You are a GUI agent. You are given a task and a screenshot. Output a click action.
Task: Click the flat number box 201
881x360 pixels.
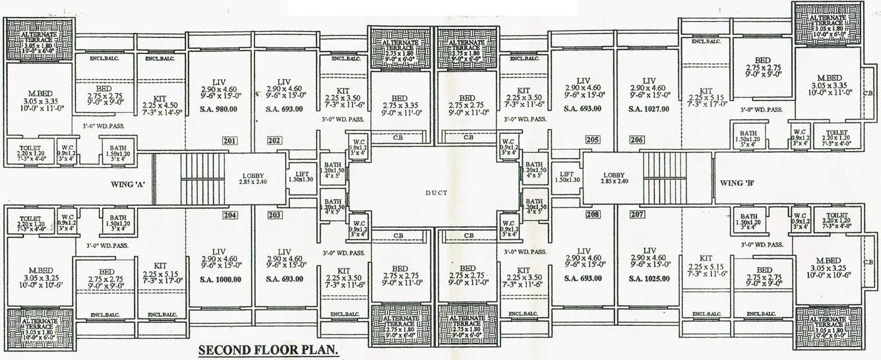pos(229,140)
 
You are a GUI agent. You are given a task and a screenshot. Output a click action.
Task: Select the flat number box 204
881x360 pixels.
pos(229,215)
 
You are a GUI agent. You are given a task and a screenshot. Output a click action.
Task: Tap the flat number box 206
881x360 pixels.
pos(637,140)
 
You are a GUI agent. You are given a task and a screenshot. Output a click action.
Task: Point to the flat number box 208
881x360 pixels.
pos(592,215)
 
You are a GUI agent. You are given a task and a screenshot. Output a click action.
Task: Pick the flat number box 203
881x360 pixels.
pos(275,215)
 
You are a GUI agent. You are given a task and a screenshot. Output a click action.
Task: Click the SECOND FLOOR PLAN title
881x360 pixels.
pos(269,350)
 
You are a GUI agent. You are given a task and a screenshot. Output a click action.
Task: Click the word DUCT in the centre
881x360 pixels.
pos(433,192)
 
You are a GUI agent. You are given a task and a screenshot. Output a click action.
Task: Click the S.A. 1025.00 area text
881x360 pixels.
pos(650,279)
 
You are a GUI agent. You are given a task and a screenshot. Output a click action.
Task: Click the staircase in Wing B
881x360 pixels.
pos(665,179)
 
